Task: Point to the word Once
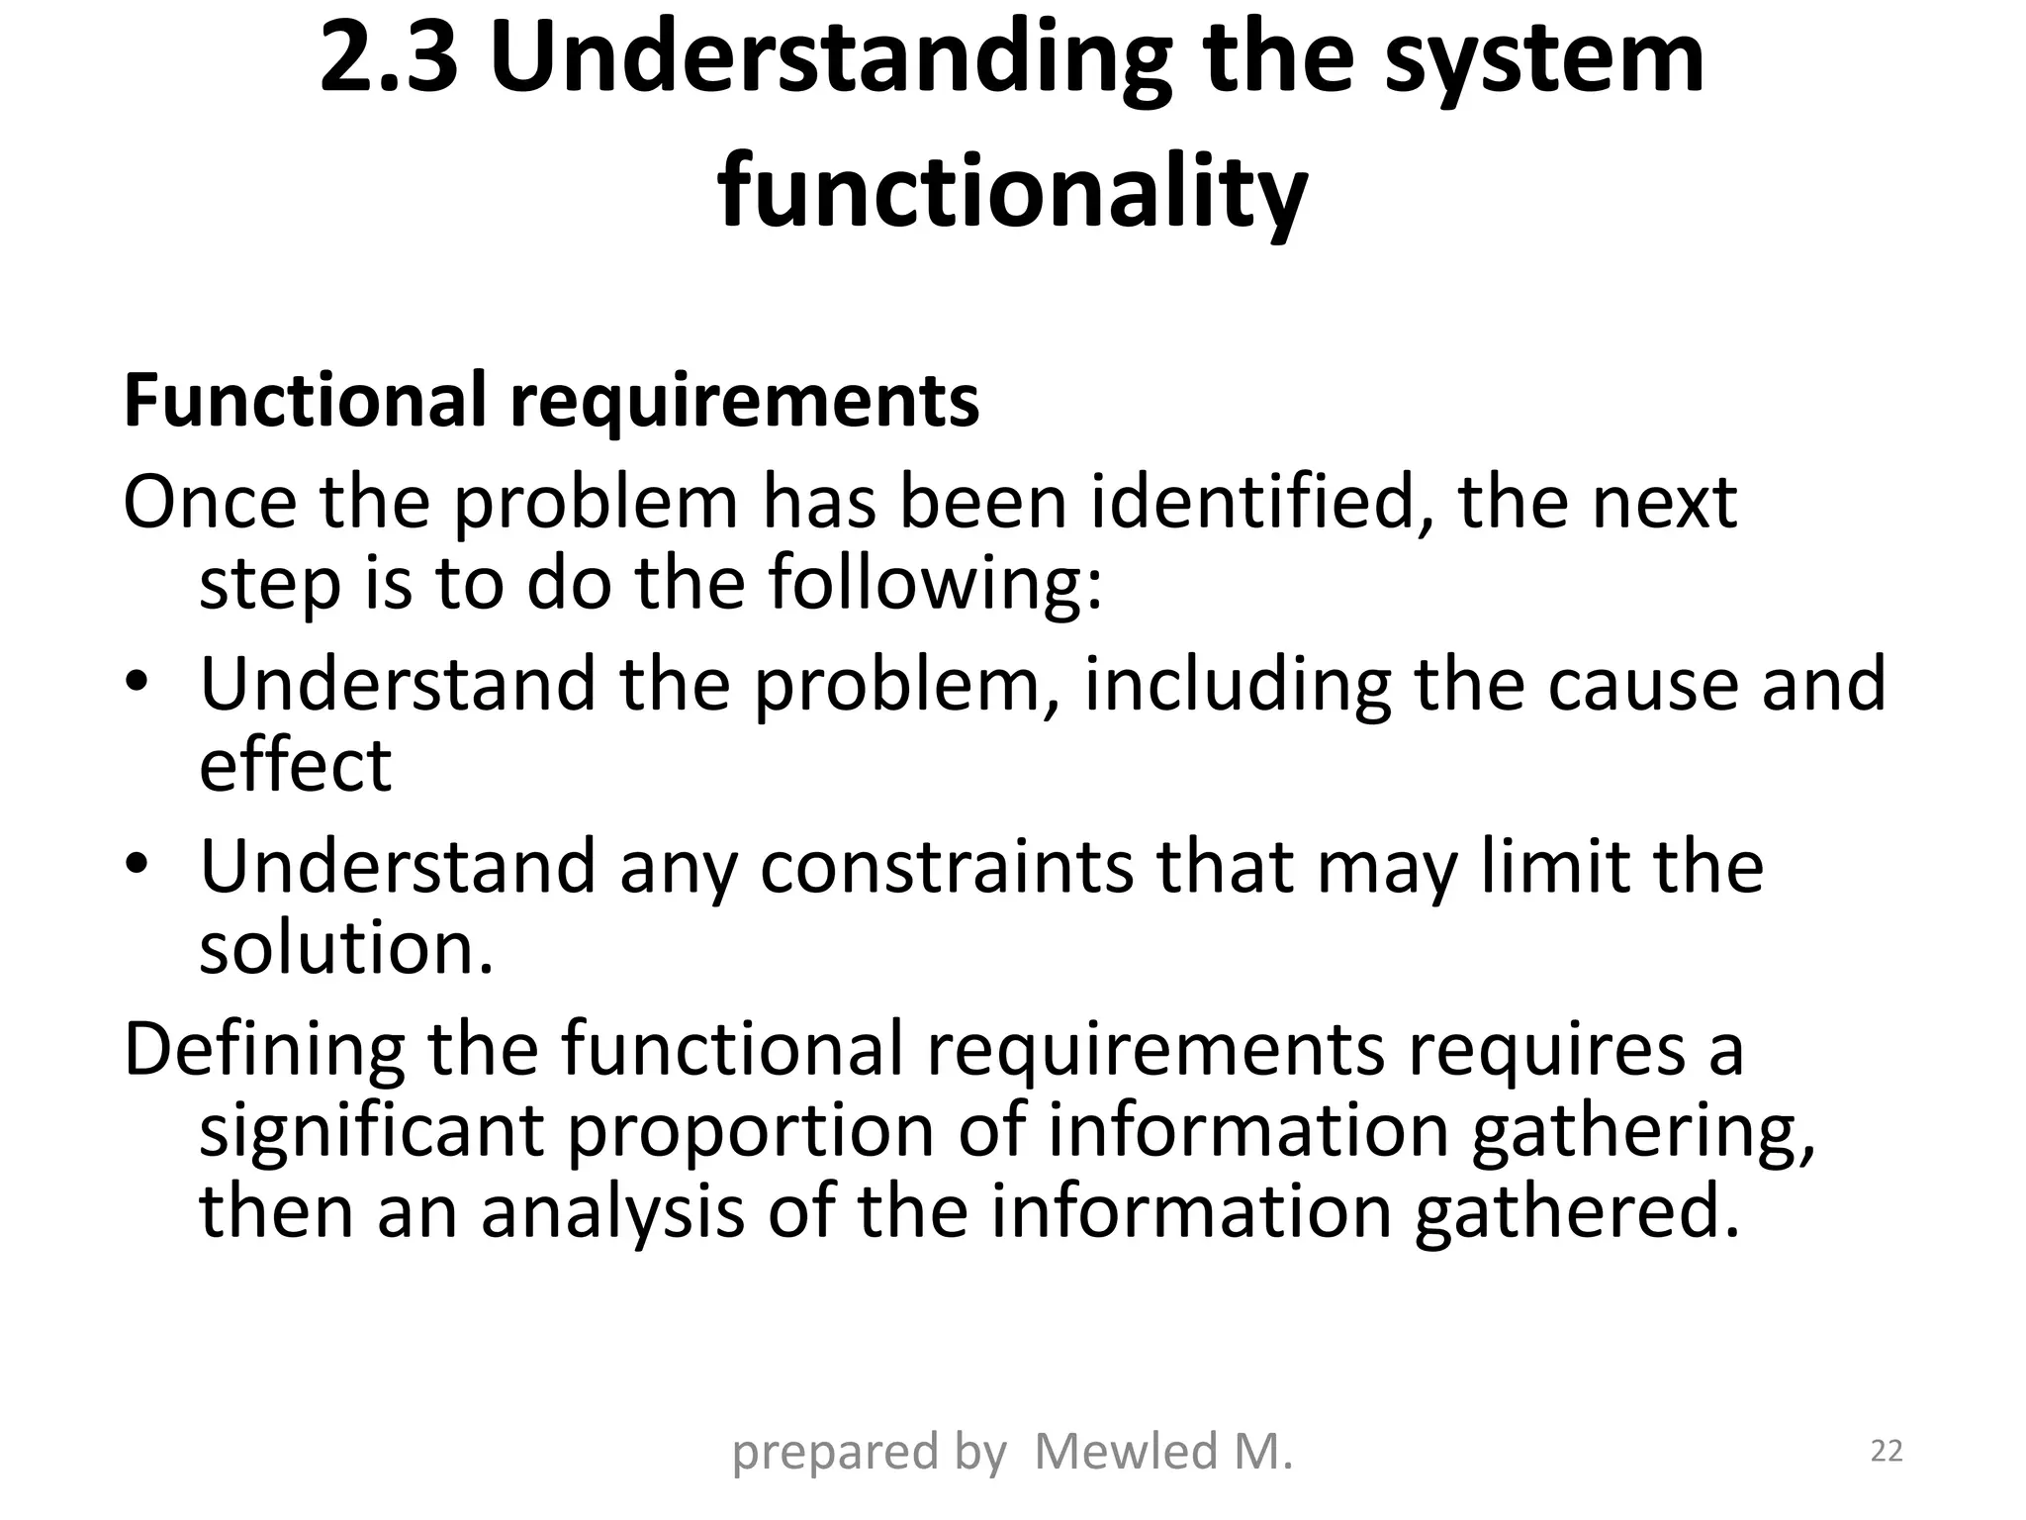pos(209,503)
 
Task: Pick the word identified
pos(1262,503)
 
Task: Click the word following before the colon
pos(935,584)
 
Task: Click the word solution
pos(345,948)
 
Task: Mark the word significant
pos(372,1131)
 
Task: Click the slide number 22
pos(1887,1452)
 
